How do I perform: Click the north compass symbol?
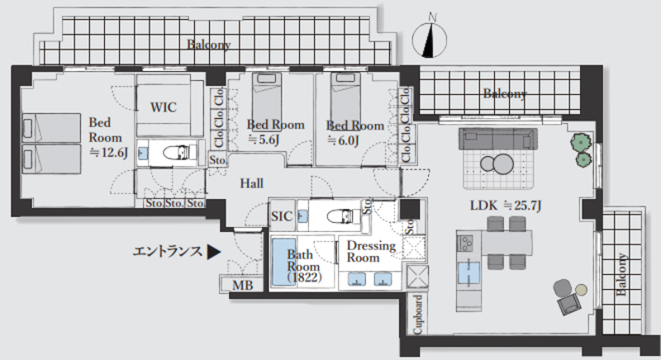(429, 40)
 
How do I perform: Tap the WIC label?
(164, 107)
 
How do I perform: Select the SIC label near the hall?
(282, 216)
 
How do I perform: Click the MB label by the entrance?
(243, 286)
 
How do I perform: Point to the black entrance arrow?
(214, 252)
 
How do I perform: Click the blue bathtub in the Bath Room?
(283, 263)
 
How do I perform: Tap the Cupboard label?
(417, 314)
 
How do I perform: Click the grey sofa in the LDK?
(498, 139)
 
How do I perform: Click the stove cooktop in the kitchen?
(465, 243)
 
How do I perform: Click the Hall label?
(252, 183)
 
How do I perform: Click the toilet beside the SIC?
(343, 216)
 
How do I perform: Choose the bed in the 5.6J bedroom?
(266, 102)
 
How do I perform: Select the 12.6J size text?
(108, 153)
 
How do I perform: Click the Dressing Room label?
(371, 251)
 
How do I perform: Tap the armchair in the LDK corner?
(567, 297)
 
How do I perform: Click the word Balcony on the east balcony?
(621, 274)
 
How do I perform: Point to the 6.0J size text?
(343, 140)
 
